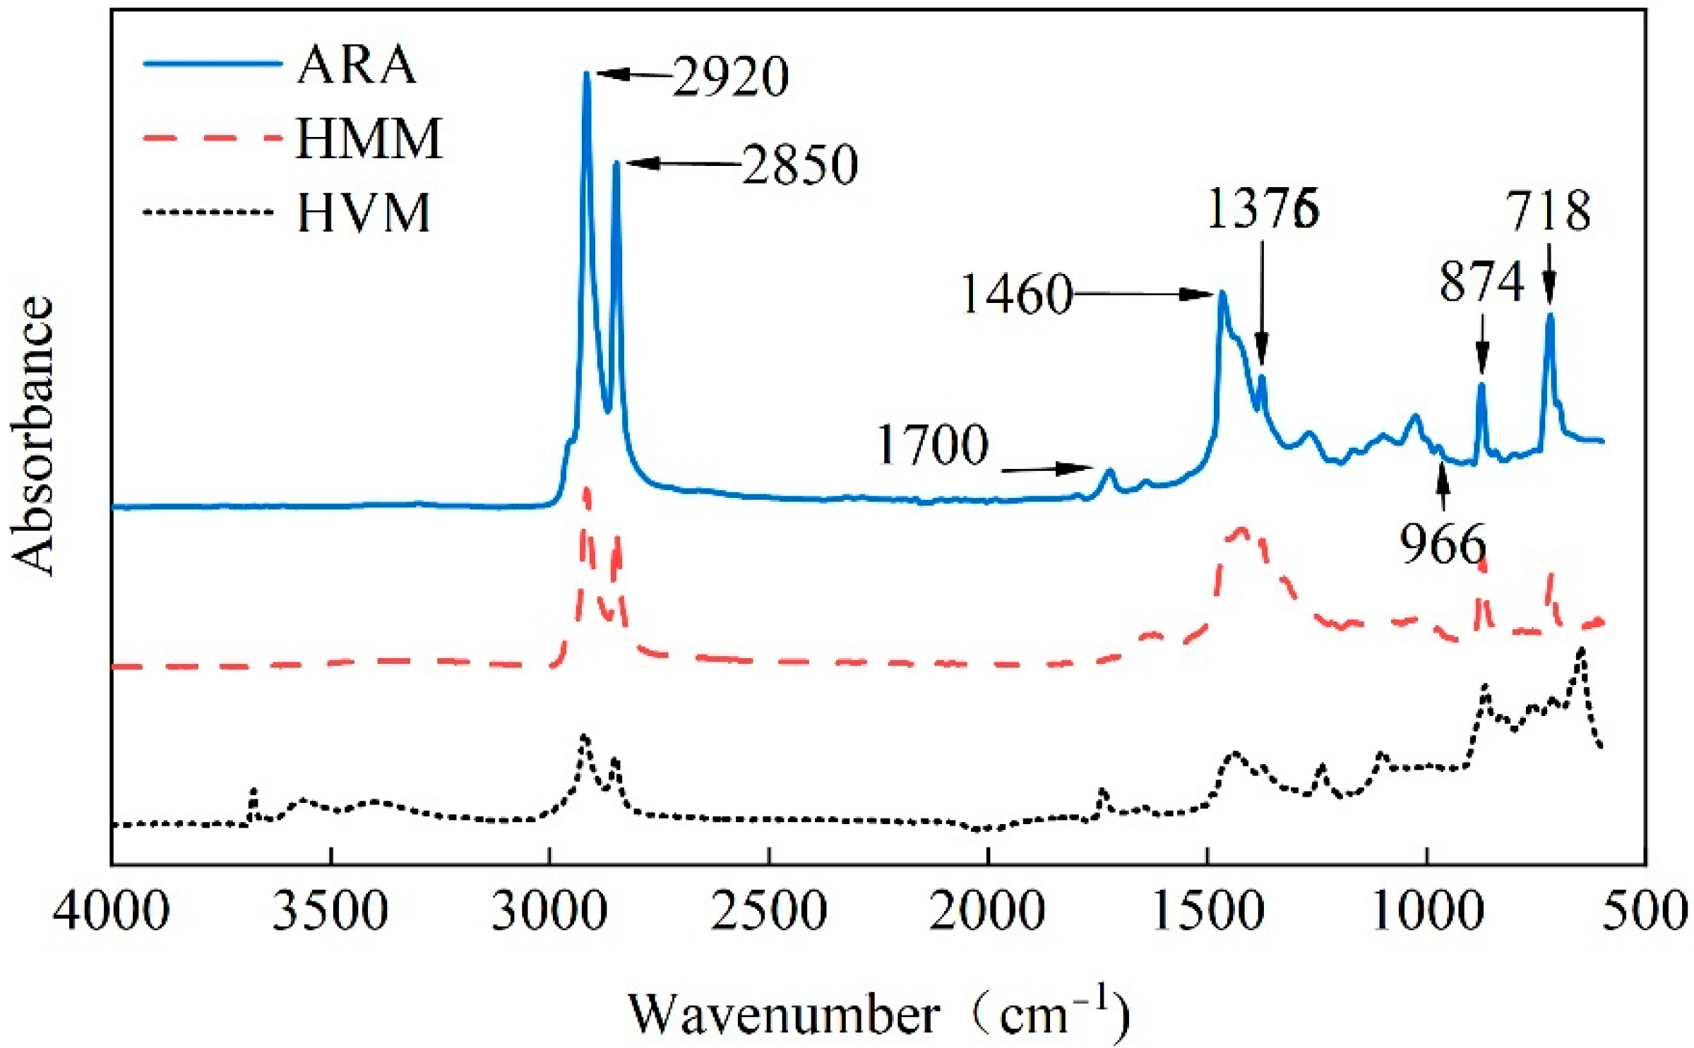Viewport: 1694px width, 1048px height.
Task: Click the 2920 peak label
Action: [730, 77]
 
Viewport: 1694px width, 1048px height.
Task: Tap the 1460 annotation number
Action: [1017, 294]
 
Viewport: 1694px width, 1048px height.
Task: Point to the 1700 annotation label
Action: [932, 446]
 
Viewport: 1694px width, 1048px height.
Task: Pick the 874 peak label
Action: [1481, 282]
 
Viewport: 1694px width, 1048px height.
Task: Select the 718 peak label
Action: [1549, 211]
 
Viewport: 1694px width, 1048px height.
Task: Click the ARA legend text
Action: [356, 65]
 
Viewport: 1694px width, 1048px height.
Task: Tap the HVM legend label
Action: [363, 213]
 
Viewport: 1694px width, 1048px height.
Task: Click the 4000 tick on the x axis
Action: [111, 912]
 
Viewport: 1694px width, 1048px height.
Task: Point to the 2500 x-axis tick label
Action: [768, 912]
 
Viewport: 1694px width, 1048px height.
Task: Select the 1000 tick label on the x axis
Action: [1426, 912]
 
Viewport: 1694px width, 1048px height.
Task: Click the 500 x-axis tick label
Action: [1645, 912]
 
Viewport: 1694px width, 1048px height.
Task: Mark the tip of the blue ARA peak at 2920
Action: [586, 73]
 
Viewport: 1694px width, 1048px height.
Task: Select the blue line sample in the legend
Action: [212, 64]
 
